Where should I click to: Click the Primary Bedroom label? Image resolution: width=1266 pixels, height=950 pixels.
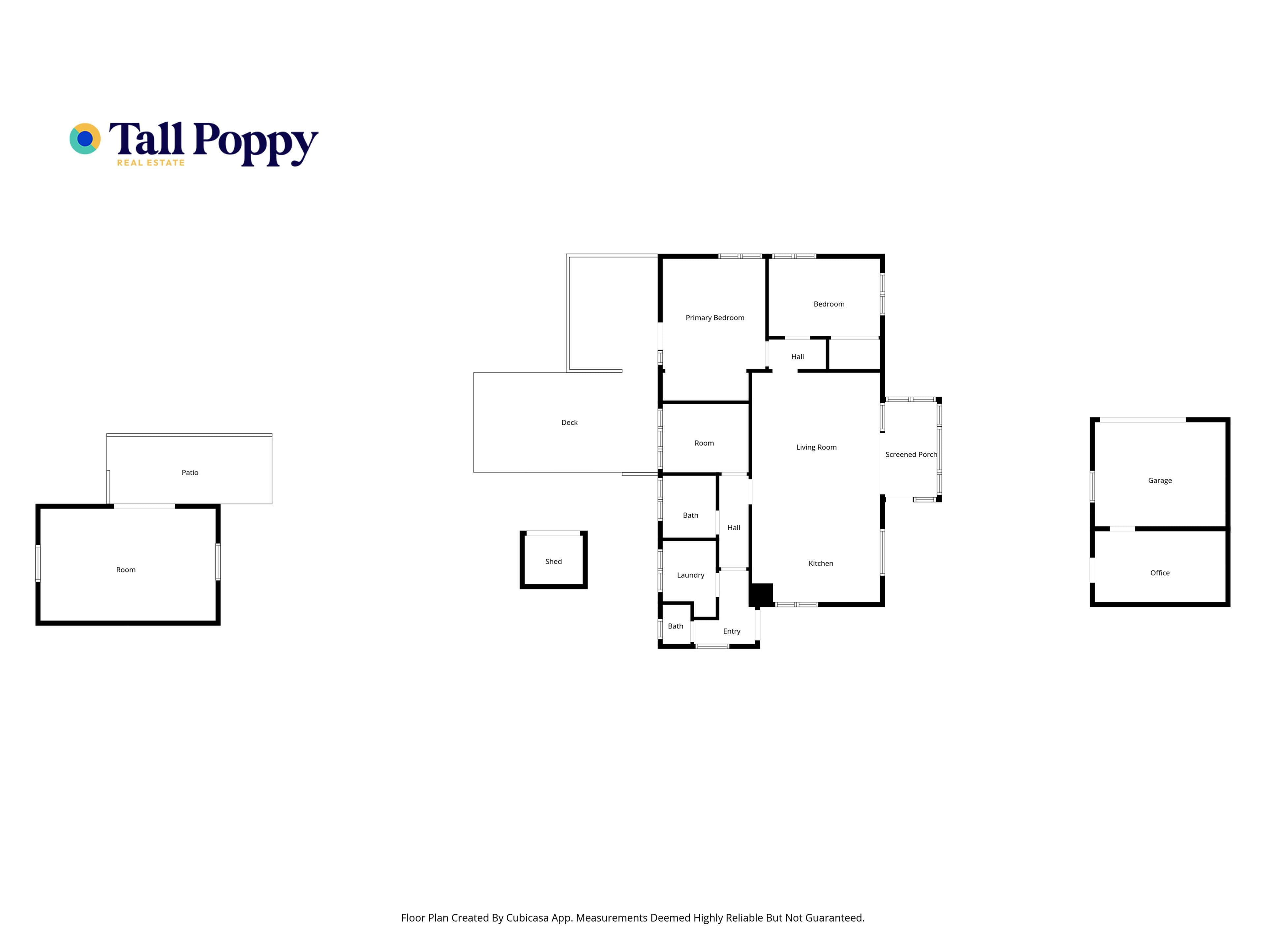coord(715,318)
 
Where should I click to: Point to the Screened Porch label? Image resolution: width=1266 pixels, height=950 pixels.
coord(911,454)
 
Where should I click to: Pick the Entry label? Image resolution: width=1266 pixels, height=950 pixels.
coord(732,631)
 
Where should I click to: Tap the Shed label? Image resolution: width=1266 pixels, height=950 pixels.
coord(554,562)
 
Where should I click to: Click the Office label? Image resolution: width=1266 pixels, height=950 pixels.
coord(1160,573)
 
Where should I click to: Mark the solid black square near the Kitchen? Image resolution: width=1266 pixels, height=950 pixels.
coord(761,595)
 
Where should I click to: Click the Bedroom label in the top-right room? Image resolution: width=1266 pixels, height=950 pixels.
coord(829,304)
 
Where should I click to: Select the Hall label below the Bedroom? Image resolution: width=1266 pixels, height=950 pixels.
coord(797,356)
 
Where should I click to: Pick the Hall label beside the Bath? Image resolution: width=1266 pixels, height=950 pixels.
coord(734,528)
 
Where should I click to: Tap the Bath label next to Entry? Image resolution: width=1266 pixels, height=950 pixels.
coord(675,626)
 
